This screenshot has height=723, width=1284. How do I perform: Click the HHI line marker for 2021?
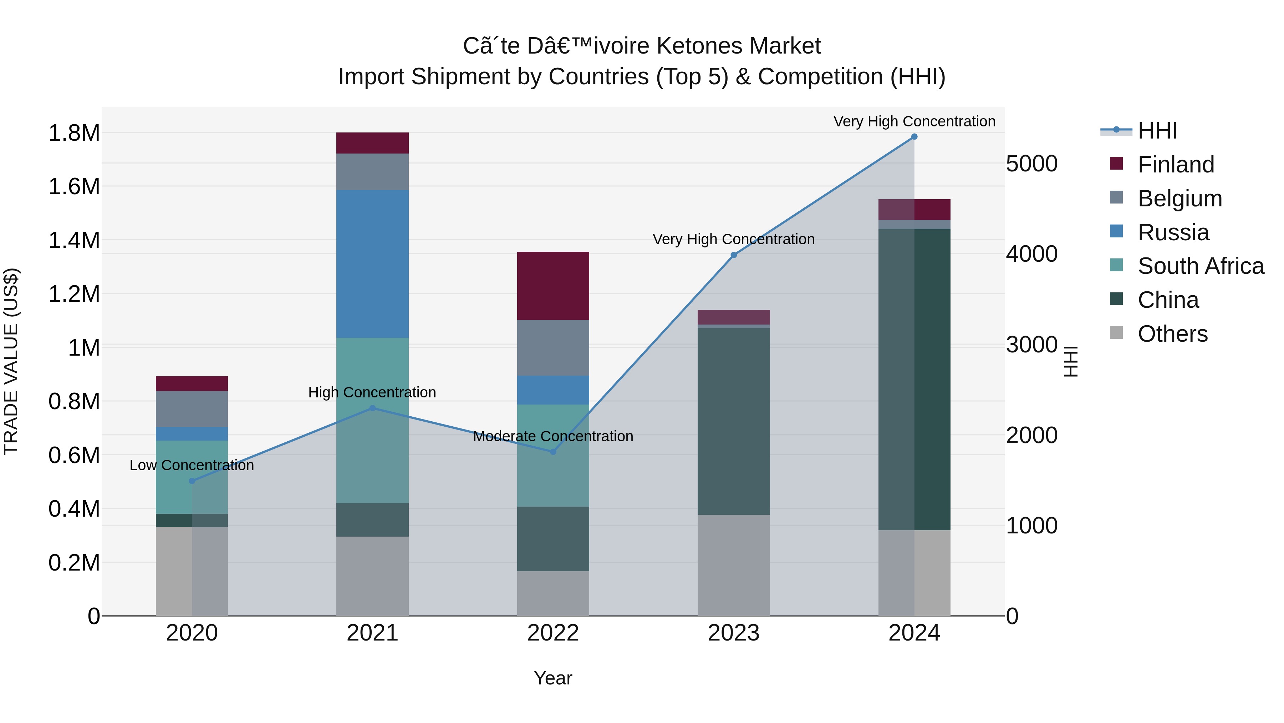(x=372, y=408)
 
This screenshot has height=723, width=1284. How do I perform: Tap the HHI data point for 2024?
(x=914, y=137)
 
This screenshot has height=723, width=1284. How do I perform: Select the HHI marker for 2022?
(x=553, y=452)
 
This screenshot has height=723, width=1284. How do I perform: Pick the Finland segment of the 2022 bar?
(x=553, y=286)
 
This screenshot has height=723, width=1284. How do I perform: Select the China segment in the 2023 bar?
(x=733, y=421)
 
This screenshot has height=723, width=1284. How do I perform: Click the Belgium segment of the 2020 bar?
(x=192, y=409)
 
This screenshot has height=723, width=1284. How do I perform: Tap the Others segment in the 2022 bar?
(x=553, y=593)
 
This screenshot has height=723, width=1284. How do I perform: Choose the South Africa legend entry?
(x=1200, y=266)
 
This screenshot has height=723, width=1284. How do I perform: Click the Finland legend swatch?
(x=1116, y=164)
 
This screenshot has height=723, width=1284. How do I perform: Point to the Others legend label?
(x=1172, y=334)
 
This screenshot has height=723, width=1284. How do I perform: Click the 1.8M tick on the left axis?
(x=74, y=133)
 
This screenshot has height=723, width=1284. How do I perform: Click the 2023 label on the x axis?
(x=733, y=633)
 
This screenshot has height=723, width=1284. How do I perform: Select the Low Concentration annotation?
(x=192, y=465)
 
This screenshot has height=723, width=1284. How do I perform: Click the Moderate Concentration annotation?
(x=553, y=436)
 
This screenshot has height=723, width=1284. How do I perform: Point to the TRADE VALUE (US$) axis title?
(x=11, y=361)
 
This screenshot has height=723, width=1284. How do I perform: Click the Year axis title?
(x=553, y=678)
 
